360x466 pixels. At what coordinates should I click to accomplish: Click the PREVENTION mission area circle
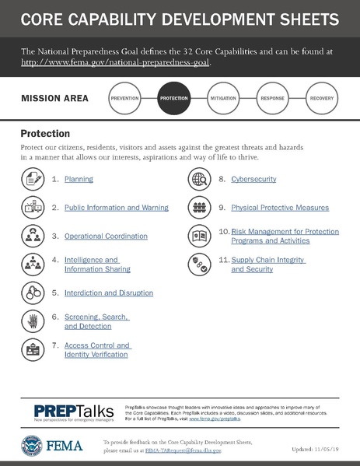[x=125, y=100]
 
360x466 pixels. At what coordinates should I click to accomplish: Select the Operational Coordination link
[x=106, y=236]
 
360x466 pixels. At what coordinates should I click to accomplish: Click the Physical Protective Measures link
[x=280, y=208]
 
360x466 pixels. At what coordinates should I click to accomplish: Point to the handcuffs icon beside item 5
[x=32, y=293]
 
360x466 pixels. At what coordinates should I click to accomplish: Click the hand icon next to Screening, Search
[x=32, y=321]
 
